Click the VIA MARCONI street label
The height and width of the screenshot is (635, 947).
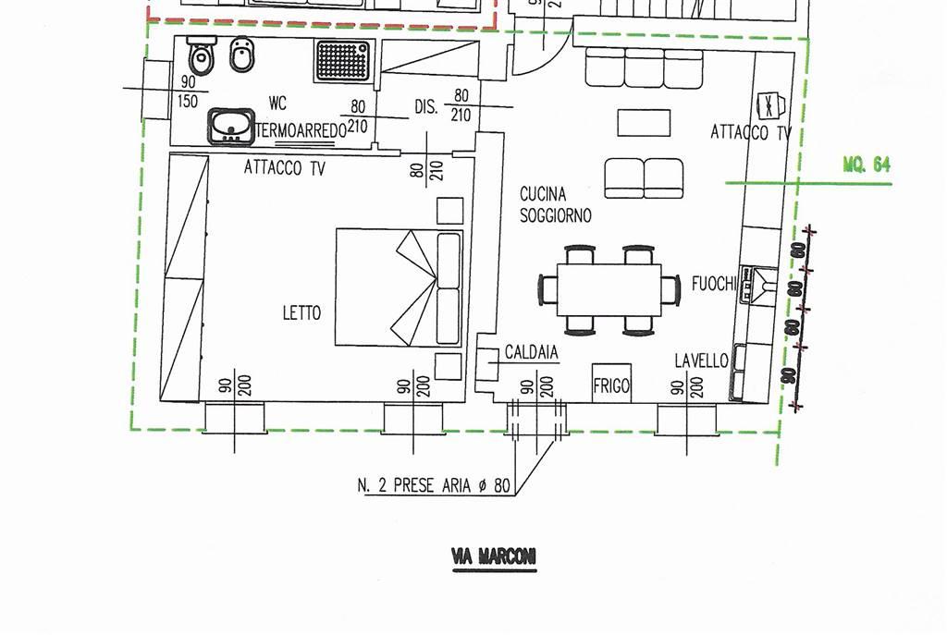coord(494,556)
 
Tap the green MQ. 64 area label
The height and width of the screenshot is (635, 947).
coord(867,165)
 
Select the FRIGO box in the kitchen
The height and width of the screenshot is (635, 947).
coord(611,384)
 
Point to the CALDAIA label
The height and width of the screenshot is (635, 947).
coord(532,352)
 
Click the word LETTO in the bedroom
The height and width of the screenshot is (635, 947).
coord(302,312)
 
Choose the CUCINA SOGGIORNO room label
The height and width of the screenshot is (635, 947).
coord(556,204)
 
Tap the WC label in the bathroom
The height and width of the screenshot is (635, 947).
coord(277,104)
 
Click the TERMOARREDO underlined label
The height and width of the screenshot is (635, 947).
coord(301,130)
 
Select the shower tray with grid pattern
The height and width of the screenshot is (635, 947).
coord(343,60)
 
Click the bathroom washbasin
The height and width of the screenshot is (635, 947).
coord(231,126)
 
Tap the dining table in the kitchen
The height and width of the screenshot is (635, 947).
coord(609,290)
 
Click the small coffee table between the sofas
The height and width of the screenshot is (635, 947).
coord(644,123)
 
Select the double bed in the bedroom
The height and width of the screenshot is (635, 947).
coord(400,287)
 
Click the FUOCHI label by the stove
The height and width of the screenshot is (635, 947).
coord(715,283)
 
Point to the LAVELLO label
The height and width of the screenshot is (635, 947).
coord(701,360)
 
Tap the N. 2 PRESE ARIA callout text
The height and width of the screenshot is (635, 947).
coord(434,485)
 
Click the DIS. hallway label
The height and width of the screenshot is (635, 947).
coord(425,107)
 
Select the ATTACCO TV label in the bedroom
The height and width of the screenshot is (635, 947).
coord(285,167)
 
